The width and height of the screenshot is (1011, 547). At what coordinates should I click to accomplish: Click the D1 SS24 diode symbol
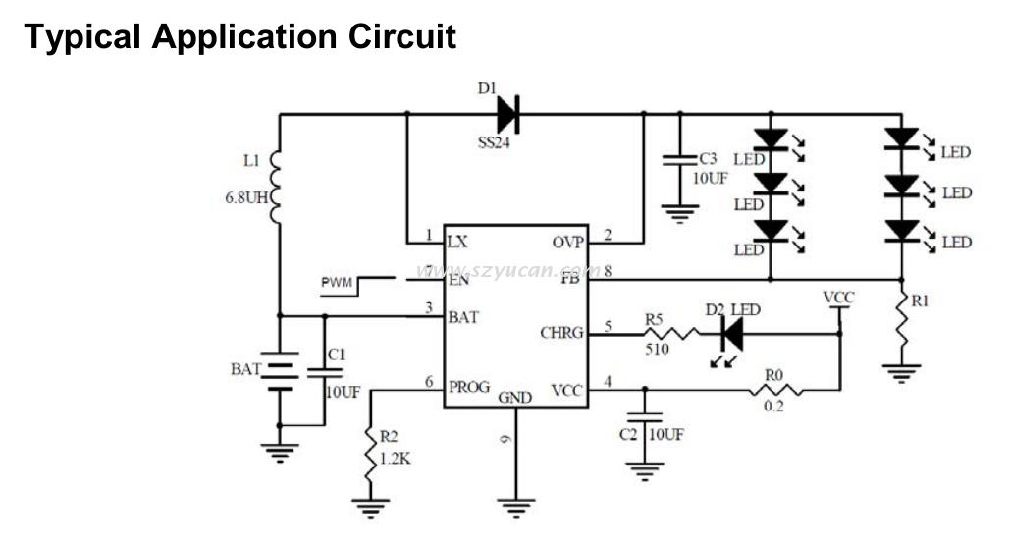507,114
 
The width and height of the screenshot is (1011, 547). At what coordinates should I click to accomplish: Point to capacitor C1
325,371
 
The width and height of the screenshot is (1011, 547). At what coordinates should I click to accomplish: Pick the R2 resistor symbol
370,453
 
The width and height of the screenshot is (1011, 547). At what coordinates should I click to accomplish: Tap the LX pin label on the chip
457,240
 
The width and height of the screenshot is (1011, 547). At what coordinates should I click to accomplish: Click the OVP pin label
566,240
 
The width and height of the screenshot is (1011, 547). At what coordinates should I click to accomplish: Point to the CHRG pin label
560,333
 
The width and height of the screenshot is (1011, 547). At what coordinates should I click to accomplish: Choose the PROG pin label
469,387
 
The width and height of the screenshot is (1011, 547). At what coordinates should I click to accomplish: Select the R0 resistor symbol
776,390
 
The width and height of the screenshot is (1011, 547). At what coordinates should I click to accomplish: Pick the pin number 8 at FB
609,270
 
